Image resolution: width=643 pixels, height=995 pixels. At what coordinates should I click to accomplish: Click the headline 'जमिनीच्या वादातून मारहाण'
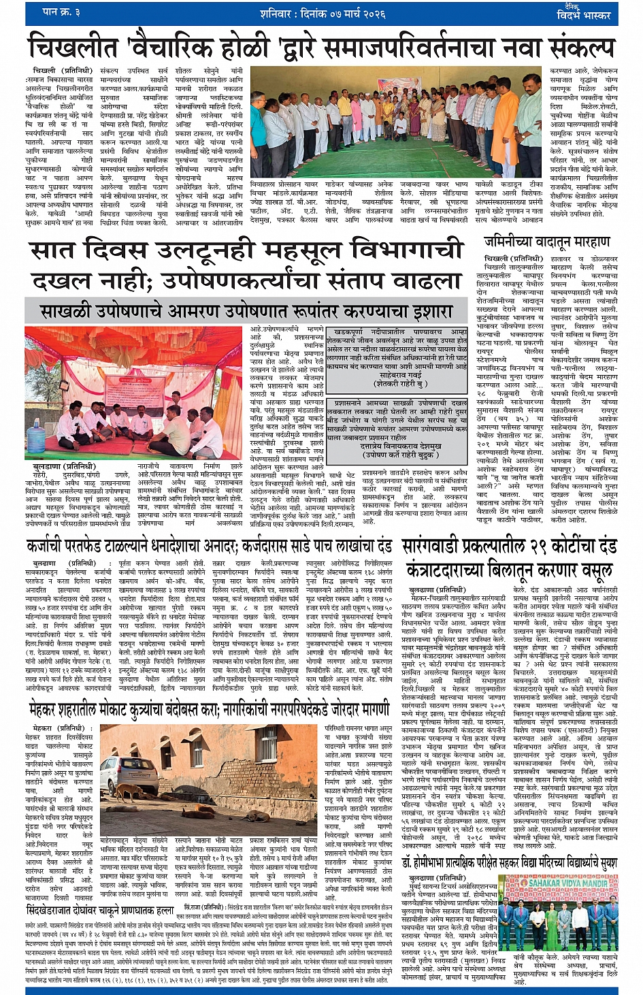pyautogui.click(x=546, y=242)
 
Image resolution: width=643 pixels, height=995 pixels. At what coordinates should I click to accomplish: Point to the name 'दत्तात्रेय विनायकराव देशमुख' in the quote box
pyautogui.click(x=396, y=446)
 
